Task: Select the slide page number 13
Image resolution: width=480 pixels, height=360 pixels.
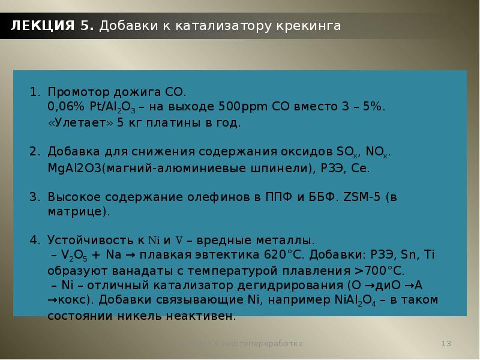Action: point(446,343)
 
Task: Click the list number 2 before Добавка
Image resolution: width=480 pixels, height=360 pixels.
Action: point(34,152)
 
